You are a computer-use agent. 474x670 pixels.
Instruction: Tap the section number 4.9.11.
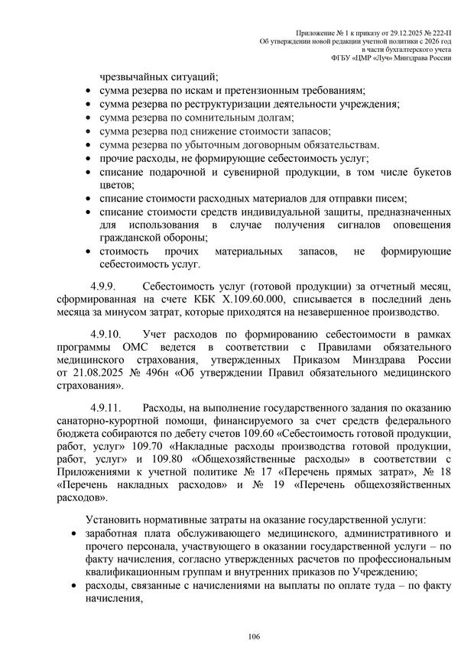tap(106, 406)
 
